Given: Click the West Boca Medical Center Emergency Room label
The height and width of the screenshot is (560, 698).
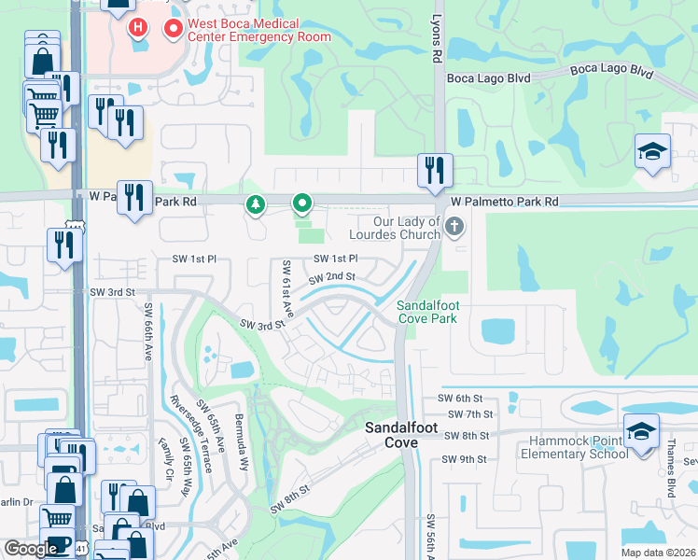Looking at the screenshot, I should coord(258,29).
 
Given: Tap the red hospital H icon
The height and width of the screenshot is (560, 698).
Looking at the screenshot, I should coord(138,28).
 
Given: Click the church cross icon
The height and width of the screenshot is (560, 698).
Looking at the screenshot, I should coord(454,227).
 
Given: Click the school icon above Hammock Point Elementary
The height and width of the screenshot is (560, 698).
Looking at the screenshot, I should coord(641,432).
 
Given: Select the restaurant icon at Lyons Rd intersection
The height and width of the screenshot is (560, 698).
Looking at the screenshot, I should coord(435,171).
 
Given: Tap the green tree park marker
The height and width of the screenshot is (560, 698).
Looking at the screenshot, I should coord(255,204).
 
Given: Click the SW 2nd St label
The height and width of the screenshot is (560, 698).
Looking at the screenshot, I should coord(333,277).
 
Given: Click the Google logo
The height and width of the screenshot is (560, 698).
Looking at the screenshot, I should coord(31,549).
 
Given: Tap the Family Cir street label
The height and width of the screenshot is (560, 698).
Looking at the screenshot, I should coord(169,458).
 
